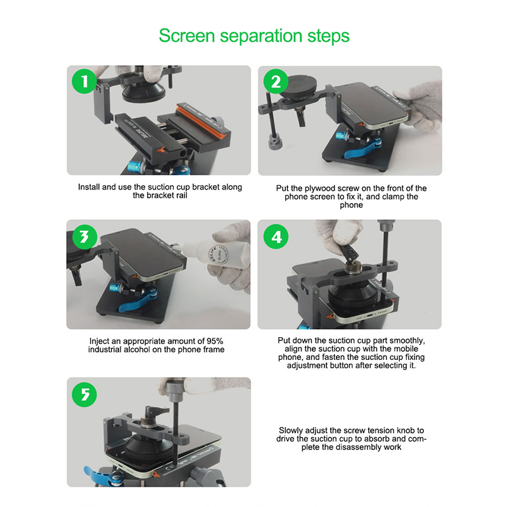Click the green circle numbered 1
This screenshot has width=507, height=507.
84,81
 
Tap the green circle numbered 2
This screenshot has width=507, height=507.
276,81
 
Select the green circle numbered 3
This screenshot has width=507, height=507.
85,237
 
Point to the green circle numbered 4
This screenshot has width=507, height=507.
276,237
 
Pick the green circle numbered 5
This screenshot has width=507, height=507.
84,394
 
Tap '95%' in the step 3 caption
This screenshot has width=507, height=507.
215,341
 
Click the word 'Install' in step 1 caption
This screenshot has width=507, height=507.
89,187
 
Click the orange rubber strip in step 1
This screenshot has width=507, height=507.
203,119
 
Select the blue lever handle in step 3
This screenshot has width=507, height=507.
138,302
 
